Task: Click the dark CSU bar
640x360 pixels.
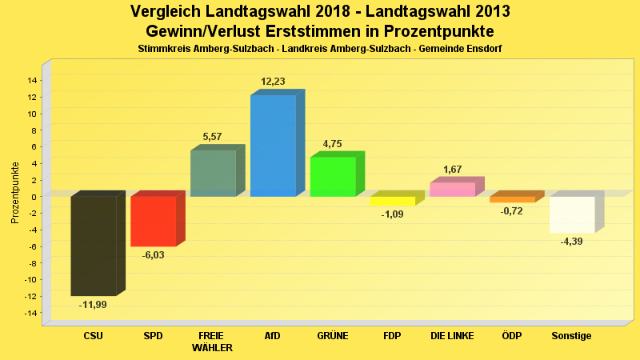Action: [93, 246]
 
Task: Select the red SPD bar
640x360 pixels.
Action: [153, 221]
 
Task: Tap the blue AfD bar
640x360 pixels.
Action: [273, 146]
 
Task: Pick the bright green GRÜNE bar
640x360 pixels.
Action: [333, 177]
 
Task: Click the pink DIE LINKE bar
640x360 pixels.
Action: [452, 190]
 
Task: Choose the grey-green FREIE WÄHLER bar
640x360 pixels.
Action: [213, 174]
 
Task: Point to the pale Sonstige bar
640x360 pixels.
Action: [571, 214]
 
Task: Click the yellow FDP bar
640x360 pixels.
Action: [392, 201]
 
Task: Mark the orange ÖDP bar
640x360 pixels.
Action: [512, 199]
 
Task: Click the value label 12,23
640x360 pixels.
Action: [273, 82]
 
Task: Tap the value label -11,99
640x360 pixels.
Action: [93, 305]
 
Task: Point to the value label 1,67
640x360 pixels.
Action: [452, 170]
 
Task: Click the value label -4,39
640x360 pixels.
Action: [571, 242]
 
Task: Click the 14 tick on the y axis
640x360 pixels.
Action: [32, 80]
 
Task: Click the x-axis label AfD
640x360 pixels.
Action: [273, 336]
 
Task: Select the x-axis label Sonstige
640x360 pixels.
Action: [571, 336]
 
